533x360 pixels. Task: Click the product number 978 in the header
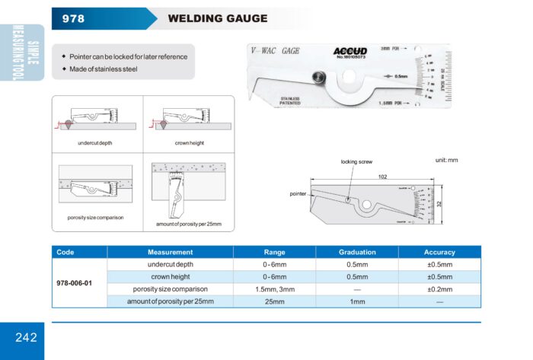(73, 18)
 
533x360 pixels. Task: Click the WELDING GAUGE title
(217, 18)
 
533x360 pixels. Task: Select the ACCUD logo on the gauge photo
(350, 52)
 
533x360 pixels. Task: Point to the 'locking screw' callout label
(355, 162)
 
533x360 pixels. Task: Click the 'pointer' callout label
(298, 194)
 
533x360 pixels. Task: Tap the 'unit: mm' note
(447, 161)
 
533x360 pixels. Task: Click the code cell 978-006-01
(74, 283)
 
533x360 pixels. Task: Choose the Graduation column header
(357, 252)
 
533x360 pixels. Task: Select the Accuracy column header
(439, 252)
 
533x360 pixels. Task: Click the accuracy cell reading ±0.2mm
(439, 289)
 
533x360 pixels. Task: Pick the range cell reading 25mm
(274, 302)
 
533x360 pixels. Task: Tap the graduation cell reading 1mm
(357, 302)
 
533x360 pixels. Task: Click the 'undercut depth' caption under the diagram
(94, 143)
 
